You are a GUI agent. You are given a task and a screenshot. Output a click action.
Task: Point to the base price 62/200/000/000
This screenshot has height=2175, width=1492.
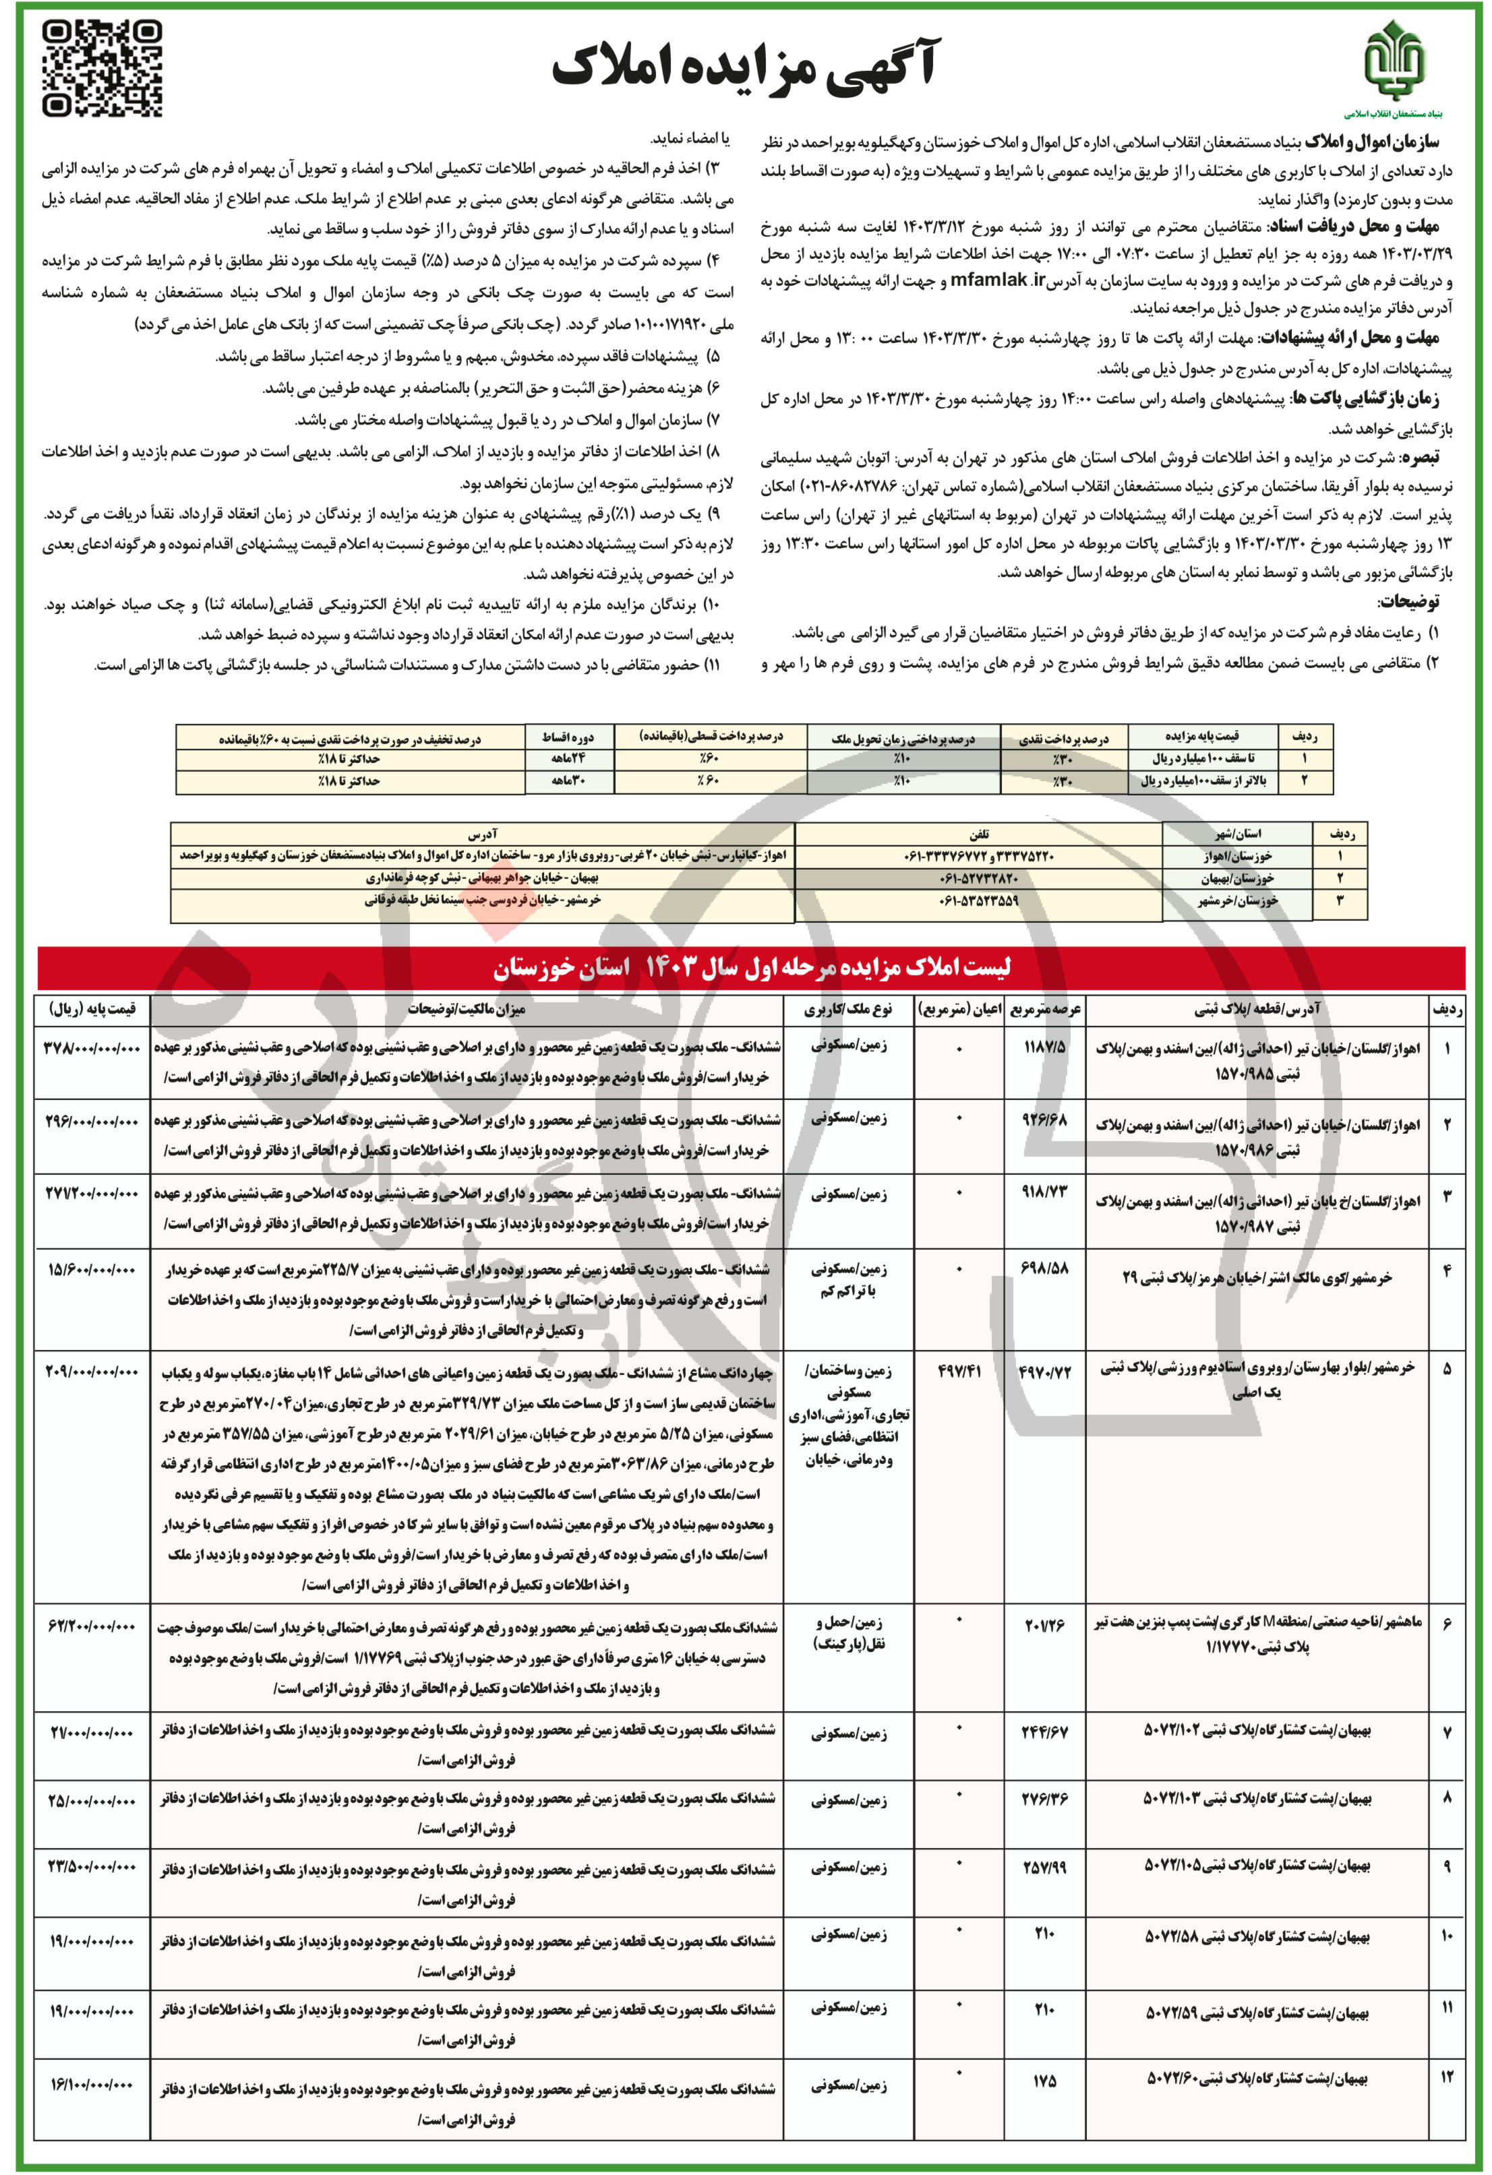92,1626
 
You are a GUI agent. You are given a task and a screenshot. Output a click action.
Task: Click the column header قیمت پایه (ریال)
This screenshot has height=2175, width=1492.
92,1009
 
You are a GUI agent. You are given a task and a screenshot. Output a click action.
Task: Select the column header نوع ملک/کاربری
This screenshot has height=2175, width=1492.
848,1009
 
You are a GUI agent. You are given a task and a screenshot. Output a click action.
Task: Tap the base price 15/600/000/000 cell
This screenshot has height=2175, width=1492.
92,1270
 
